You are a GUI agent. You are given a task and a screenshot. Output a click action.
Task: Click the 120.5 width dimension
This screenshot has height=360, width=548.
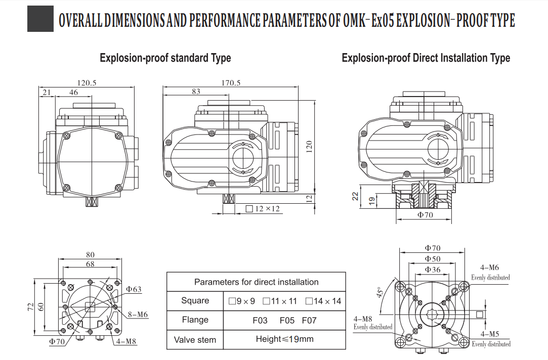pos(87,83)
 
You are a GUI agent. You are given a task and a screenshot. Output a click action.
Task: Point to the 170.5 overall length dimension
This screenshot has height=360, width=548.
pos(231,83)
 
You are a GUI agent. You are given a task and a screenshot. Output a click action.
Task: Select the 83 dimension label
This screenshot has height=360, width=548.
pos(196,92)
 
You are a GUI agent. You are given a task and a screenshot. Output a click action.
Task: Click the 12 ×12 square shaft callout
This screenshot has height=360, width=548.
pos(263,209)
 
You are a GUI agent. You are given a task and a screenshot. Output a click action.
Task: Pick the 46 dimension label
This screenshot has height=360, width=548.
pos(74,92)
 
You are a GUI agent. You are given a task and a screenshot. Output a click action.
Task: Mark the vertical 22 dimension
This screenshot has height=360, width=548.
pos(355,196)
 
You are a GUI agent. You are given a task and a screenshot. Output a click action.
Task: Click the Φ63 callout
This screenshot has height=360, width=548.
pos(134,289)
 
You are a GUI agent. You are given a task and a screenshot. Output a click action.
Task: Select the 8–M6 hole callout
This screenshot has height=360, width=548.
pos(138,314)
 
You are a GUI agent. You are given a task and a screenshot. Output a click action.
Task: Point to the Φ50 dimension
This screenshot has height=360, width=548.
pos(433,259)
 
